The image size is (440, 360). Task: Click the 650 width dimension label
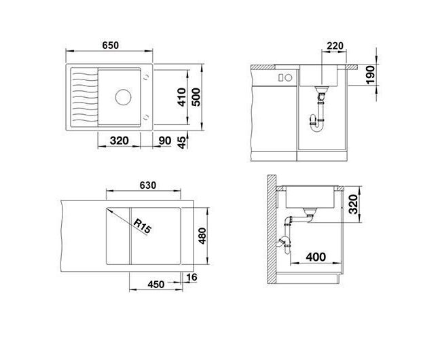110,46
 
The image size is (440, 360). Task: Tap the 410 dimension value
182,97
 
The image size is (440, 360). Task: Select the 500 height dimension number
196,97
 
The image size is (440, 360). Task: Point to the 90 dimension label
165,141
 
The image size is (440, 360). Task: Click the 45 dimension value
183,143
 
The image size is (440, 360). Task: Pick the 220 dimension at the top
335,46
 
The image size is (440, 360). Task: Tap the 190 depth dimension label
371,75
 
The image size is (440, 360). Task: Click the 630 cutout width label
148,185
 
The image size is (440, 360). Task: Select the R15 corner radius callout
143,226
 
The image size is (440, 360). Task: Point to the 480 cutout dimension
202,236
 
